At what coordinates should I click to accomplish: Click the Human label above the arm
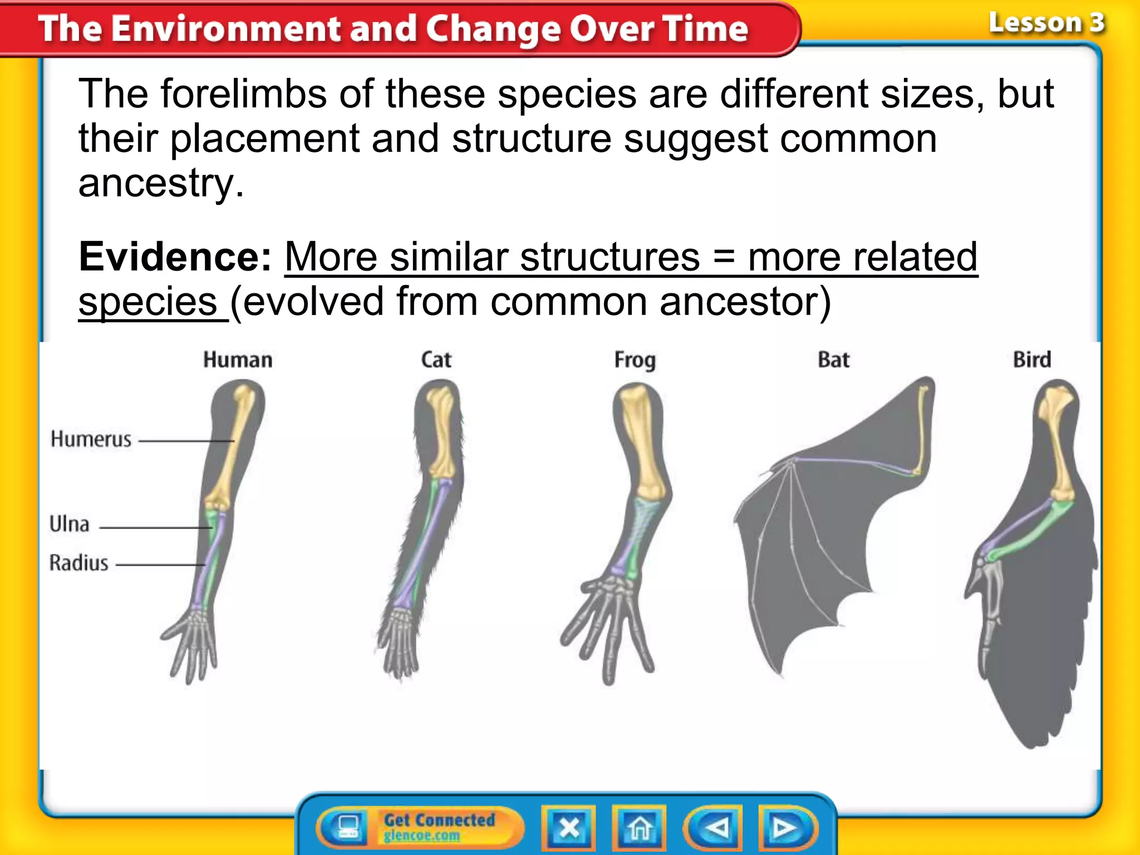point(238,360)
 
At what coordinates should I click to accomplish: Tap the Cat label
point(436,360)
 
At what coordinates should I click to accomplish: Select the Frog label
point(635,360)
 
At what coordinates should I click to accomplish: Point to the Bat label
point(833,360)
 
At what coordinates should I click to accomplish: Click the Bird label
point(1031,360)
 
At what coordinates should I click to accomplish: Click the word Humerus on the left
point(91,439)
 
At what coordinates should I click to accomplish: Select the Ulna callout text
point(70,524)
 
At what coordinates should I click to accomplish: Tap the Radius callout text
point(78,563)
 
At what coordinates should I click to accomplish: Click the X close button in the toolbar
point(568,828)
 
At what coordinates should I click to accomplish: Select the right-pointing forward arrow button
point(785,828)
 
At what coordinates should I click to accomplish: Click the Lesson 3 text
point(1046,23)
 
